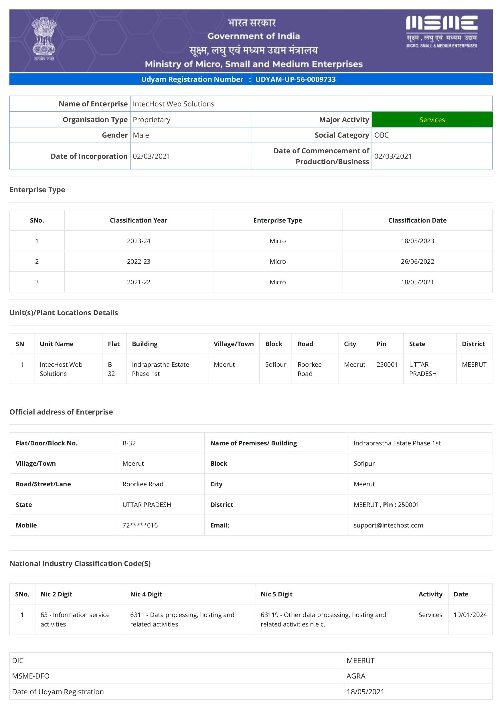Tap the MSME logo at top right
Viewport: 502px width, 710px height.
tap(441, 32)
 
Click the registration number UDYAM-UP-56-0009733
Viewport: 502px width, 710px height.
tap(295, 80)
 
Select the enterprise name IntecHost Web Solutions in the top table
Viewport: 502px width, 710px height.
tap(173, 104)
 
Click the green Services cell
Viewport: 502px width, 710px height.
tap(432, 120)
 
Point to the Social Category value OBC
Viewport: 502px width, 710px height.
tap(382, 135)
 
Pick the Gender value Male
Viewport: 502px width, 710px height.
tap(141, 135)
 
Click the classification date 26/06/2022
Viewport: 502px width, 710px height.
tap(417, 262)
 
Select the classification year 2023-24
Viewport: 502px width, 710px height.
tap(139, 241)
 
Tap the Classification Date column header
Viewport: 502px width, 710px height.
tap(417, 220)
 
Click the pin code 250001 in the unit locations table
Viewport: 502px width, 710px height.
tap(387, 365)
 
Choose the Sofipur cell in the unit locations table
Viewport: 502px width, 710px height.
tap(276, 365)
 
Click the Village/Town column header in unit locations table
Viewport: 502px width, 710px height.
tap(234, 344)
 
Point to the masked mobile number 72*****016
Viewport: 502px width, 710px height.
tap(140, 525)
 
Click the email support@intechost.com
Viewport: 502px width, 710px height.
tap(388, 525)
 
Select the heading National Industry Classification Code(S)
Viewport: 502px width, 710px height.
tap(80, 564)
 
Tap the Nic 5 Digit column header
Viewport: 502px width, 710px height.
tap(276, 594)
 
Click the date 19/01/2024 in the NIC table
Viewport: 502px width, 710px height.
tap(470, 615)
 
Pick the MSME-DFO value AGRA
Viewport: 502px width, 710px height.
tap(356, 676)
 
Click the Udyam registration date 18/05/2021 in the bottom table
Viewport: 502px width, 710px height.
tap(365, 692)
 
